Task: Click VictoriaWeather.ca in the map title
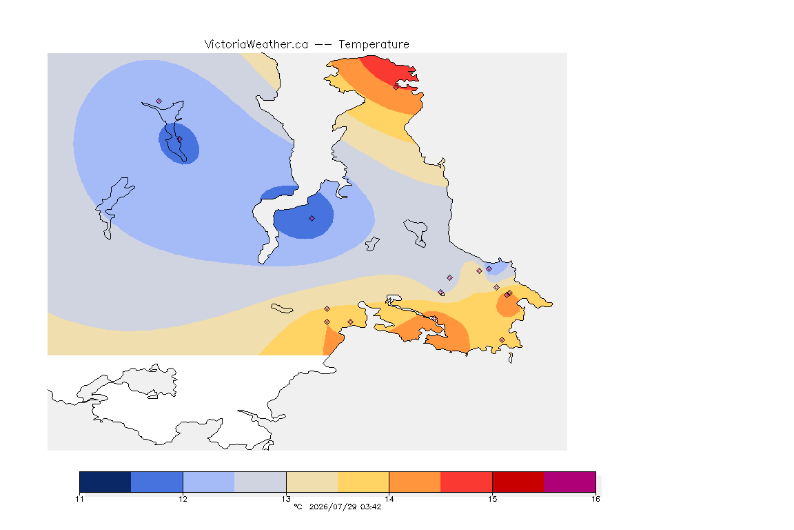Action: point(256,44)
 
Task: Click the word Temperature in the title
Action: point(374,44)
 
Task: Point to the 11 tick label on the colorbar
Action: point(79,499)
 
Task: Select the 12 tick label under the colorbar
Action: point(183,499)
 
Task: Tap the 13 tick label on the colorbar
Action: point(286,499)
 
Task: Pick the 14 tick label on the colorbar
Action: point(389,499)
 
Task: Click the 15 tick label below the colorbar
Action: point(492,499)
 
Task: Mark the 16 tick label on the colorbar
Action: point(595,499)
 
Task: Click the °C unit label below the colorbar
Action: point(298,507)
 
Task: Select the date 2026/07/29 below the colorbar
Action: point(332,507)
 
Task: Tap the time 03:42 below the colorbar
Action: point(371,507)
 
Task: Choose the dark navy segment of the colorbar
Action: point(105,482)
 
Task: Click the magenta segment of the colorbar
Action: point(570,482)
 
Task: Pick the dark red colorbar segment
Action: point(518,482)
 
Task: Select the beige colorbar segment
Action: point(312,482)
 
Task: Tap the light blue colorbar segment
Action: point(209,482)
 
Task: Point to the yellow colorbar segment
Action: point(363,482)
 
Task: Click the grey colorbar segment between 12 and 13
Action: point(261,482)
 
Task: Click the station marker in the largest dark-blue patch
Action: point(312,219)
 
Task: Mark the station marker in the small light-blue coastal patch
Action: point(489,269)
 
